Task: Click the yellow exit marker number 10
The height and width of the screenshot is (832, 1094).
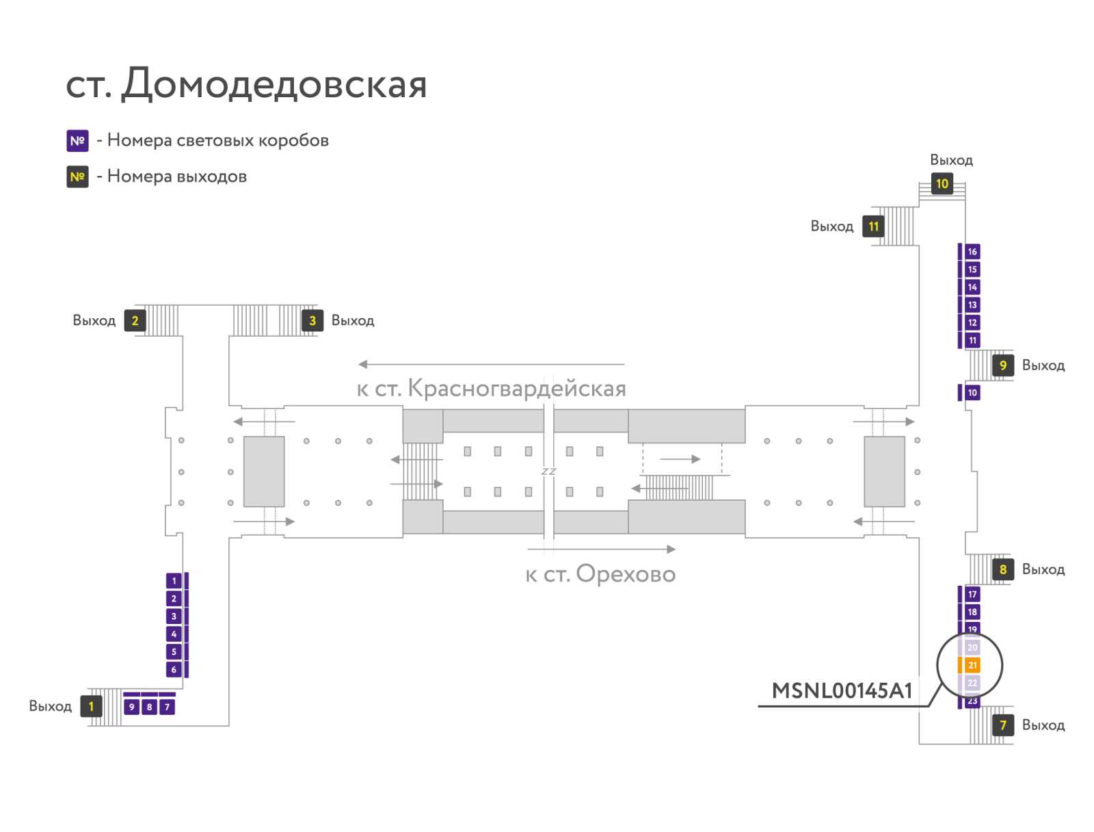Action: pos(942,183)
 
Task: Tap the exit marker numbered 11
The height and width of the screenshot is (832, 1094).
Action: pos(873,226)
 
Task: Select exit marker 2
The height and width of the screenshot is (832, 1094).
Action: pos(135,320)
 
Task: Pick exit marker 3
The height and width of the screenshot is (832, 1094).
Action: pos(312,320)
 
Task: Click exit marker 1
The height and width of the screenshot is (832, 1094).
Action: pos(91,706)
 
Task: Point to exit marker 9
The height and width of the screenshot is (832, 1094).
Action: pos(1003,365)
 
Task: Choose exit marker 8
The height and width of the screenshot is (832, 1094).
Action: pos(1003,569)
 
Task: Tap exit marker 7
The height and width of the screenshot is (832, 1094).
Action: pos(1003,725)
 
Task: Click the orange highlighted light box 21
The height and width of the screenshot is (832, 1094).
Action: pos(972,665)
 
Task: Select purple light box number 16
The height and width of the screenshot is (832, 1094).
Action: pos(972,251)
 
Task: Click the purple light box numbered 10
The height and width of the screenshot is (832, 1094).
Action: pos(972,392)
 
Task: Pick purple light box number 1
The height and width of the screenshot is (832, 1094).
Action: pos(174,581)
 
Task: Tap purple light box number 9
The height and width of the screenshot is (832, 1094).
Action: pos(131,707)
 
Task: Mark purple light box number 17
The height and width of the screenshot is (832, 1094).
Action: pos(972,594)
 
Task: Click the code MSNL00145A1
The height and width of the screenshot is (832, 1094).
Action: pos(842,690)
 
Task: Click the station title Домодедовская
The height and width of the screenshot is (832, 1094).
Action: pos(274,83)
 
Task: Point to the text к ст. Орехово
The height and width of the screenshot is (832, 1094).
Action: pos(600,574)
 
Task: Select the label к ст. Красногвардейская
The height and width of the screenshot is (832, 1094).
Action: pos(492,389)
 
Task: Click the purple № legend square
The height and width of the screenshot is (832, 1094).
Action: pos(77,140)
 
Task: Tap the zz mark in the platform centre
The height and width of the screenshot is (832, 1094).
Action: pos(548,471)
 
